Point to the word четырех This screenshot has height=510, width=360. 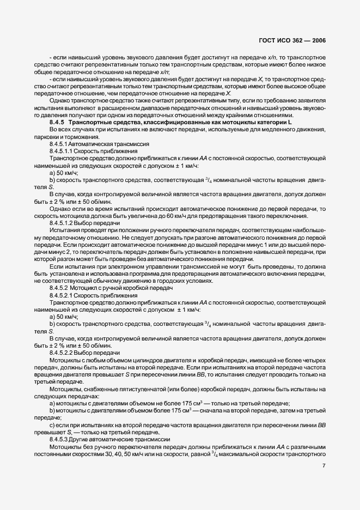point(313,361)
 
